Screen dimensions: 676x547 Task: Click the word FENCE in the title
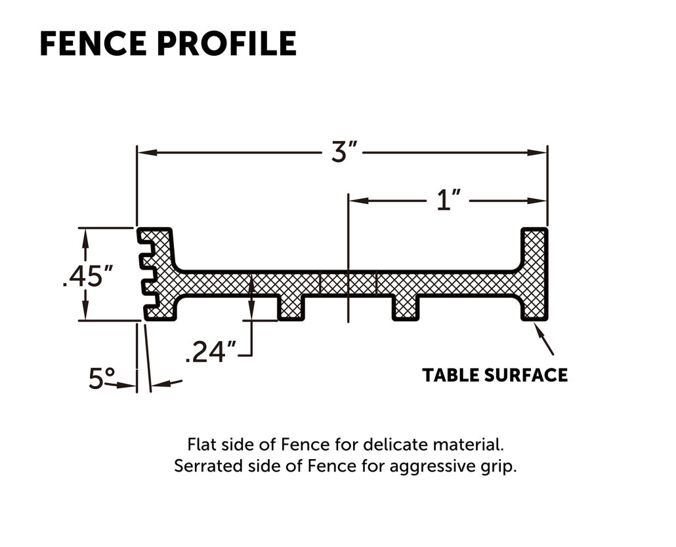[93, 43]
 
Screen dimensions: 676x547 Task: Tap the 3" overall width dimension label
[344, 152]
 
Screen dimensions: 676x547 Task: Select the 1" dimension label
[448, 200]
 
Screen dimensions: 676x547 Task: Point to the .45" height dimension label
[88, 275]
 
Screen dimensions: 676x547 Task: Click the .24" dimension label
[211, 352]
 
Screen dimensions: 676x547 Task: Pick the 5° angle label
[102, 378]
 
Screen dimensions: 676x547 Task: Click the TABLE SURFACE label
[495, 375]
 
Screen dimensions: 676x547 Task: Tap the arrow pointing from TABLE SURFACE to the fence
[543, 338]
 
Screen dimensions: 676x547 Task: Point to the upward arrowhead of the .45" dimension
[85, 237]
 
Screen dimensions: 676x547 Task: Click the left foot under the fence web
[291, 308]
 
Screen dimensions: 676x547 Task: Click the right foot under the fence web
[405, 308]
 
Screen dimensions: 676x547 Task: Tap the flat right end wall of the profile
[535, 274]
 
